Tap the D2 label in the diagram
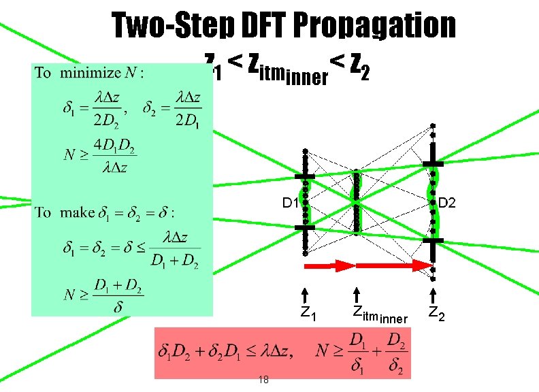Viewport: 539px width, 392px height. [447, 203]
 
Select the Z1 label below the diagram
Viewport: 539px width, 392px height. [308, 314]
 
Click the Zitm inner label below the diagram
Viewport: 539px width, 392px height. [379, 315]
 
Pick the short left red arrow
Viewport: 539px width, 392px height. [329, 264]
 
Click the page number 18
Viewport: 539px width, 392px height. [263, 380]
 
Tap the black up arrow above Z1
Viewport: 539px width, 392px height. [306, 294]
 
